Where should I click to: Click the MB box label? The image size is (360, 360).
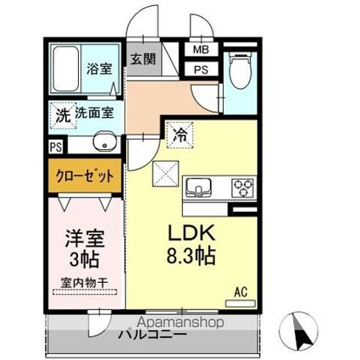201,52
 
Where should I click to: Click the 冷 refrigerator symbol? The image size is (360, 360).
180,132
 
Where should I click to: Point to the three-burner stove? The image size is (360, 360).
242,186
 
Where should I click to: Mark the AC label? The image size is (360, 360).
241,293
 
